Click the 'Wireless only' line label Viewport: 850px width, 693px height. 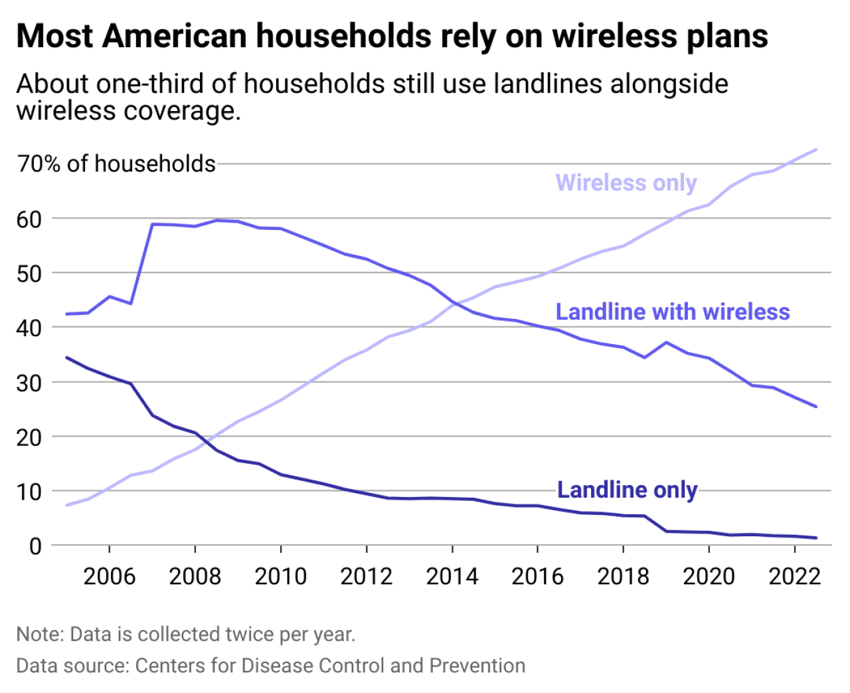[x=626, y=183]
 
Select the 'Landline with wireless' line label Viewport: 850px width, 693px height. [x=672, y=312]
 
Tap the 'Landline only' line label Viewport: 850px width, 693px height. [x=627, y=490]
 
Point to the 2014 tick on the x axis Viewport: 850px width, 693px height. [x=452, y=575]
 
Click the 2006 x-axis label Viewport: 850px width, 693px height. [x=109, y=575]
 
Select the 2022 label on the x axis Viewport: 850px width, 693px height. [x=794, y=575]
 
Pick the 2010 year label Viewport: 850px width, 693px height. [x=280, y=575]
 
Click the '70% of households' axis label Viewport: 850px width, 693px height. [x=116, y=163]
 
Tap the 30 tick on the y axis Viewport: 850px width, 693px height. [x=29, y=383]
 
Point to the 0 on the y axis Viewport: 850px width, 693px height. [x=35, y=546]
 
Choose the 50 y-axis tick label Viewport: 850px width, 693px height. [x=29, y=274]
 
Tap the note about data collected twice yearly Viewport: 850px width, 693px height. [x=186, y=634]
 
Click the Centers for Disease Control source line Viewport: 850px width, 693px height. [x=270, y=665]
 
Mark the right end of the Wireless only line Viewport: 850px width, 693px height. [x=815, y=149]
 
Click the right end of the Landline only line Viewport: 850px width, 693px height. [x=815, y=538]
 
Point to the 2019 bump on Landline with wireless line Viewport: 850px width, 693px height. [x=666, y=342]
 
